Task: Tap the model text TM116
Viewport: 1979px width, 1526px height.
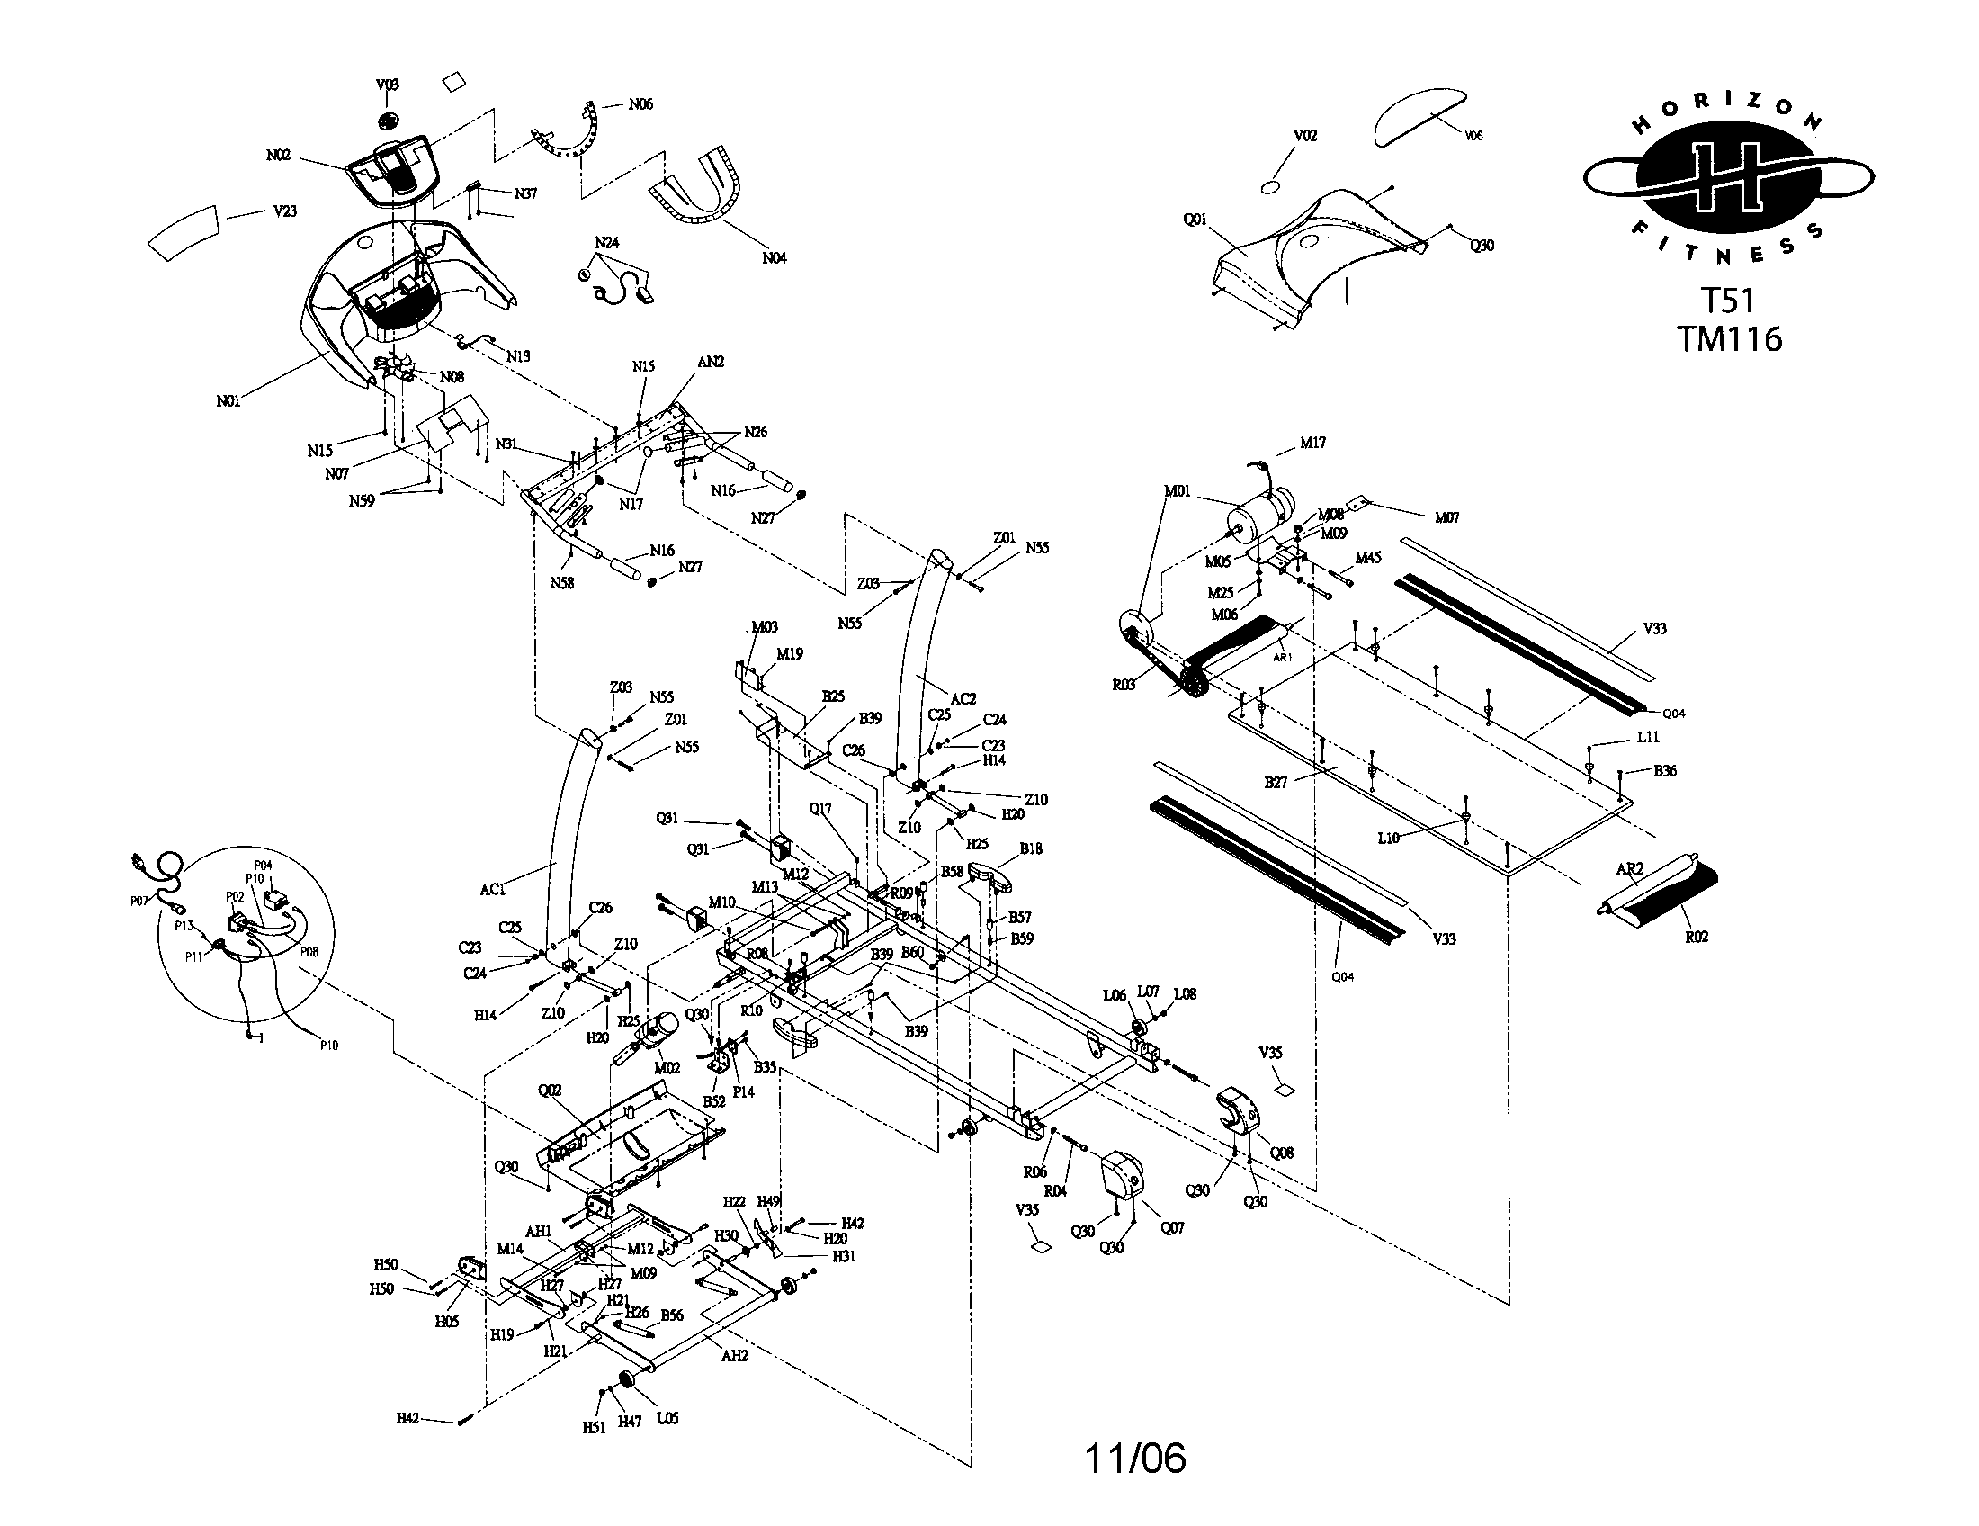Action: pos(1729,339)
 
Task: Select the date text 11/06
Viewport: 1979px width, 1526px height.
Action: pos(1134,1458)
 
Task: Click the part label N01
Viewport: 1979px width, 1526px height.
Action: pos(228,400)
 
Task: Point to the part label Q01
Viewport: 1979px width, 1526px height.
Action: pos(1195,220)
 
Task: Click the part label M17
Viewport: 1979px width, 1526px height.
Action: pos(1312,443)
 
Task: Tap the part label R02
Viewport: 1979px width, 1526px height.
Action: pos(1697,937)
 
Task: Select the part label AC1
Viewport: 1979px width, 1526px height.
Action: pos(492,890)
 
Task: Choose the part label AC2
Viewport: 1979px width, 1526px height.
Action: pos(963,698)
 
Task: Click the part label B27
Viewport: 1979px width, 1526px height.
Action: pos(1276,782)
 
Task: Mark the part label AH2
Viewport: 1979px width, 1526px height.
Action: pos(734,1357)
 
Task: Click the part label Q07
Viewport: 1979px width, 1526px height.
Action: pos(1171,1228)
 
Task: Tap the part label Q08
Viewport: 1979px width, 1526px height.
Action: pos(1281,1153)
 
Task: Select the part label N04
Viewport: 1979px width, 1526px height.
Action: pos(774,258)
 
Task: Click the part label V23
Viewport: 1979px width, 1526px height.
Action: pos(284,211)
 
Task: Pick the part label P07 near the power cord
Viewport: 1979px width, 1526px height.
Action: pos(139,902)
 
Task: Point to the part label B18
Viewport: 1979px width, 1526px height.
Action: pos(1030,849)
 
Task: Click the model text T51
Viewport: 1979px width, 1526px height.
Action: pos(1727,300)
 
